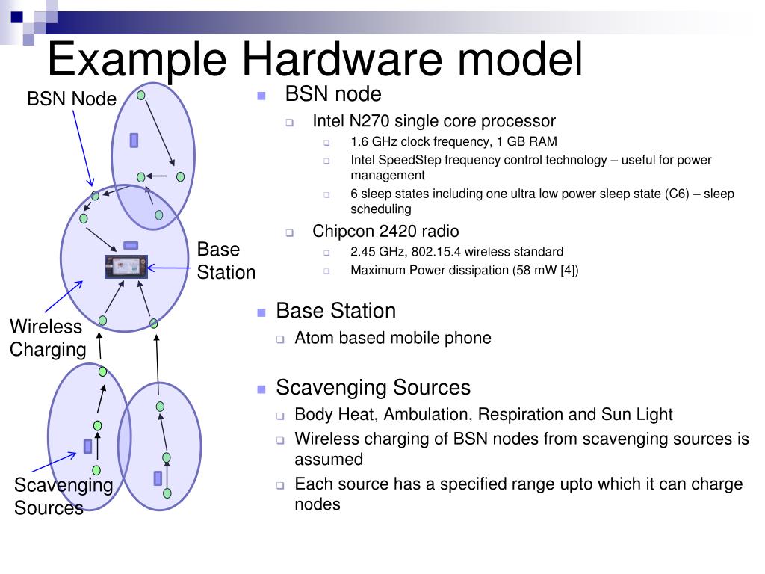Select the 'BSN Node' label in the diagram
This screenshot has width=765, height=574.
[x=72, y=99]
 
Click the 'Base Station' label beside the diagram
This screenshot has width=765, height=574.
[x=226, y=261]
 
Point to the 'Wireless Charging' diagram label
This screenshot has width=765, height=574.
[x=48, y=338]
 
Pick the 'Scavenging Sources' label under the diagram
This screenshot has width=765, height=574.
[x=63, y=496]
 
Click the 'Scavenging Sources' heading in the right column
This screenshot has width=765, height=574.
[x=373, y=387]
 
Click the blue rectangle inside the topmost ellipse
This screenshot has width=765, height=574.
[x=134, y=140]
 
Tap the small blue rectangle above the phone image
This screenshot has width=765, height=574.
[x=131, y=245]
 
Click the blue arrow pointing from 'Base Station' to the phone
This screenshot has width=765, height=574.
[x=170, y=267]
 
